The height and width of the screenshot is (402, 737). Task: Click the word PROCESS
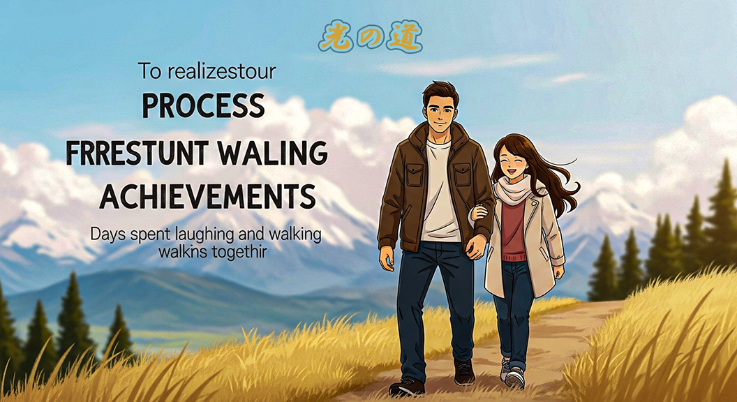(x=203, y=106)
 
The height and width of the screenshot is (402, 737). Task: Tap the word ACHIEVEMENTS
(x=207, y=196)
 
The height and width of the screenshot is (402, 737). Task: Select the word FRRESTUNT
(x=137, y=152)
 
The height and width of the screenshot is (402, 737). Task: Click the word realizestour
(x=221, y=71)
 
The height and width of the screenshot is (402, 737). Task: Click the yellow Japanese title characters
(x=371, y=37)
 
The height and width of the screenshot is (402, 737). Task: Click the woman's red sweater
(x=513, y=230)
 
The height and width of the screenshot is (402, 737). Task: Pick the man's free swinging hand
(x=387, y=258)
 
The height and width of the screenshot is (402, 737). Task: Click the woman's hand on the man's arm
(x=479, y=213)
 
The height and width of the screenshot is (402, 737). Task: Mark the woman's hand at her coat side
(x=558, y=271)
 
